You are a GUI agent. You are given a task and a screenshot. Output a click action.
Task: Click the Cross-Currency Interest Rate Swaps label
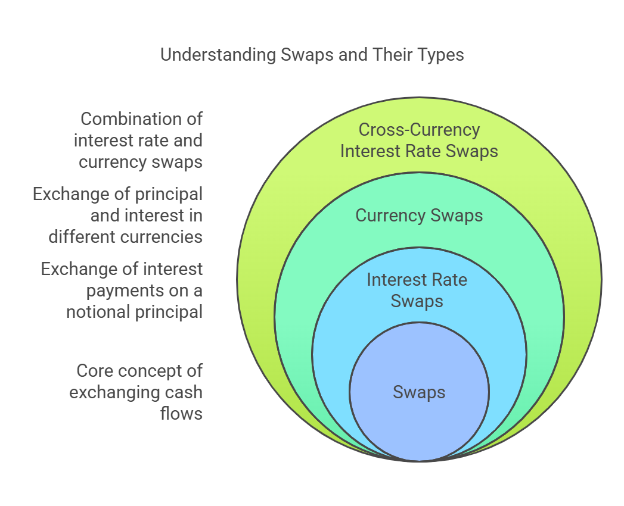(419, 140)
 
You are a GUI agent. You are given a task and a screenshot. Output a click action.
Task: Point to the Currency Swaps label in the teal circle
(419, 216)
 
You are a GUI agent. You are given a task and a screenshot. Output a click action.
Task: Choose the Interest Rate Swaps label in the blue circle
(417, 291)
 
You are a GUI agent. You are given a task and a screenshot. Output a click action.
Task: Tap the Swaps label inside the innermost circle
(419, 393)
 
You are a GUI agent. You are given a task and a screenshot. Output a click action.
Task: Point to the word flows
(181, 413)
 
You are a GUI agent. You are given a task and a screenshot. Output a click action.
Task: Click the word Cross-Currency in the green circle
(419, 130)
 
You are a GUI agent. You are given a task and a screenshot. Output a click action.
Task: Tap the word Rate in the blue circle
(451, 280)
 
